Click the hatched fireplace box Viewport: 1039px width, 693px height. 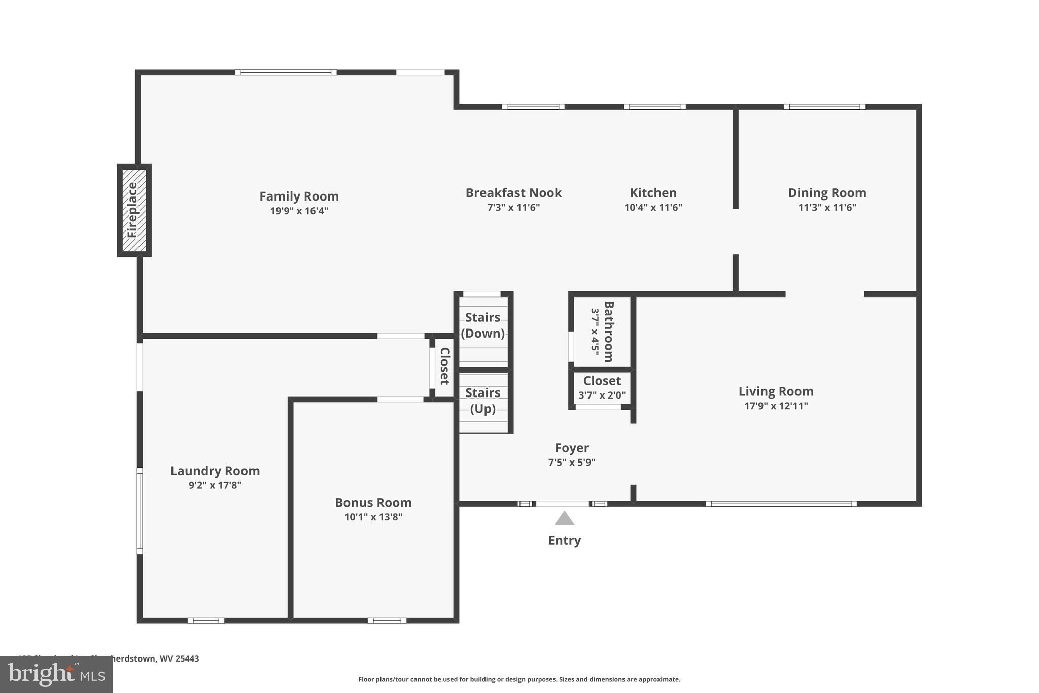pos(134,210)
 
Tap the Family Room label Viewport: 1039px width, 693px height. pos(299,196)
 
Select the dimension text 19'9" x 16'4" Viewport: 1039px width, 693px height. pos(299,211)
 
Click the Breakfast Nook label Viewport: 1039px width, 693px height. pos(513,193)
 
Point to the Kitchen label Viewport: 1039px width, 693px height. pos(653,193)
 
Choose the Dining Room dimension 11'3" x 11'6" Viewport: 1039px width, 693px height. pos(827,207)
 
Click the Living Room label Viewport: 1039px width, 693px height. pos(776,391)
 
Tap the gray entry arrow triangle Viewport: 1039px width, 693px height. pos(564,519)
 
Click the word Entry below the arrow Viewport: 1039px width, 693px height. pos(564,540)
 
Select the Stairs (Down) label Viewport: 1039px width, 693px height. pos(482,325)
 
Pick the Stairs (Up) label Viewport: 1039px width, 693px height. pos(482,401)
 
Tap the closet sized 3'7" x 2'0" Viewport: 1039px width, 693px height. pos(602,388)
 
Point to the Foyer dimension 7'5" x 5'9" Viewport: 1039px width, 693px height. pos(572,463)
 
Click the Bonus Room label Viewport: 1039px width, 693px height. pos(373,503)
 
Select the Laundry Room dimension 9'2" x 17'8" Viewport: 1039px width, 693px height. pos(215,485)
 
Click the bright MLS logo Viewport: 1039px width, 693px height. pos(56,674)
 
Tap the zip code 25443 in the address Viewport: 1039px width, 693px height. pos(187,658)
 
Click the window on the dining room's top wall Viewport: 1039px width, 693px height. pos(824,107)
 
